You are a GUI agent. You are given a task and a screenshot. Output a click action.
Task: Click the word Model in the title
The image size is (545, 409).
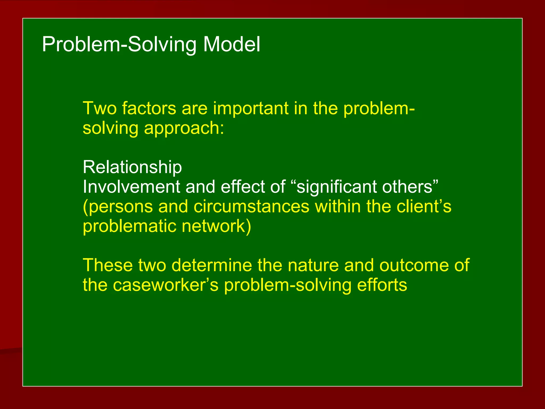pyautogui.click(x=232, y=44)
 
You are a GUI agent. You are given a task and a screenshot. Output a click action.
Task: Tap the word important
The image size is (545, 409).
pyautogui.click(x=251, y=108)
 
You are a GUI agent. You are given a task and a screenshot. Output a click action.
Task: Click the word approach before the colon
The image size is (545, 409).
pyautogui.click(x=184, y=128)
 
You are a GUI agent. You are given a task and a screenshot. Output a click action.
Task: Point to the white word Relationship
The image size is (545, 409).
pyautogui.click(x=132, y=167)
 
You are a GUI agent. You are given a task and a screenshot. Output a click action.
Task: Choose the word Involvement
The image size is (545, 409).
pyautogui.click(x=131, y=187)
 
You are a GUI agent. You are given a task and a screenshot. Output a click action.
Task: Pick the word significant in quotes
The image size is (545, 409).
pyautogui.click(x=336, y=187)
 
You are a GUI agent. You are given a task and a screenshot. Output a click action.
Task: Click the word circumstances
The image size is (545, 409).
pyautogui.click(x=251, y=206)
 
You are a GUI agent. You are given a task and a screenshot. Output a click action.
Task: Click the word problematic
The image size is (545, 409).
pyautogui.click(x=129, y=226)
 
